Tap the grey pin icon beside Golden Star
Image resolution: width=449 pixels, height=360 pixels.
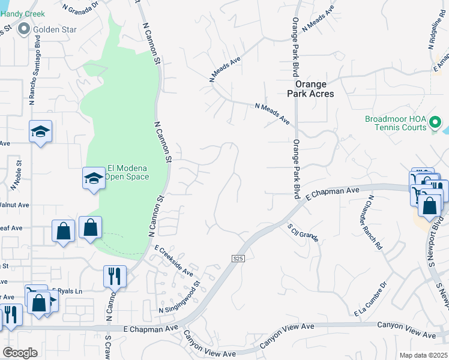[x=25, y=28]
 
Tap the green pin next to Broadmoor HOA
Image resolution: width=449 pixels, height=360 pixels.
[x=435, y=124]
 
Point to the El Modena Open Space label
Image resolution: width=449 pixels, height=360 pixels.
[x=127, y=173]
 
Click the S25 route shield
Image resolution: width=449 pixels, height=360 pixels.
[x=238, y=258]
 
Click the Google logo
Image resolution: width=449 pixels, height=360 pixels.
[x=20, y=352]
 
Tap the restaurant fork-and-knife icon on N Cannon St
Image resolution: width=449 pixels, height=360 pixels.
[x=113, y=276]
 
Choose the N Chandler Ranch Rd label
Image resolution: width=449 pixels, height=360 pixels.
[x=371, y=221]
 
